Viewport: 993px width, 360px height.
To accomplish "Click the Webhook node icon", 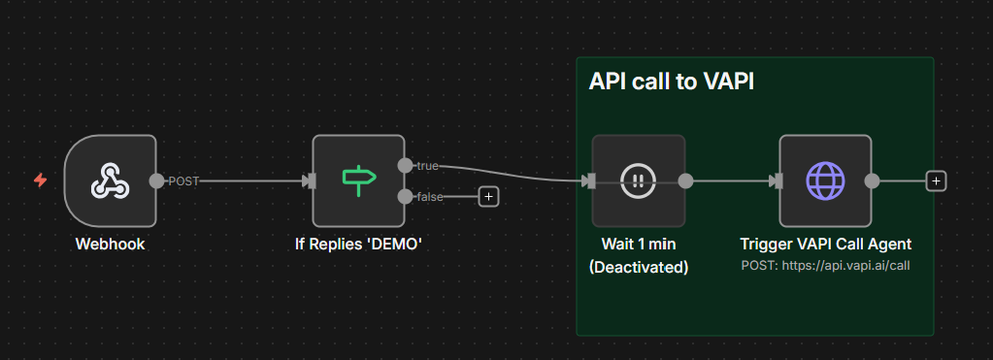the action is [111, 180].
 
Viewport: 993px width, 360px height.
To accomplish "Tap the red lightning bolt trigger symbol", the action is [40, 180].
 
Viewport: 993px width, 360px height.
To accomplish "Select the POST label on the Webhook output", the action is [183, 181].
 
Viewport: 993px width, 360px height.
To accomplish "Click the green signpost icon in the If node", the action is [359, 180].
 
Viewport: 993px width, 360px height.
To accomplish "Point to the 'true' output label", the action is [427, 166].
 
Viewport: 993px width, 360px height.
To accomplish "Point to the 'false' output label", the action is [430, 197].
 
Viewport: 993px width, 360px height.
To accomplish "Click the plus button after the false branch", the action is [488, 197].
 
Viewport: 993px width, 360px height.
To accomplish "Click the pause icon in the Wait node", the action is [639, 180].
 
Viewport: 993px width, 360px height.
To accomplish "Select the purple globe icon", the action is [825, 180].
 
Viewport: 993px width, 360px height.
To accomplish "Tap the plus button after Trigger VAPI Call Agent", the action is [936, 181].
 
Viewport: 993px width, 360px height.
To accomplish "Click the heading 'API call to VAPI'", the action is [672, 82].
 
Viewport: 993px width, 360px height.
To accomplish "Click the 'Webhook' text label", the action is [111, 244].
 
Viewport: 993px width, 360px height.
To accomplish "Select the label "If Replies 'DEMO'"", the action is [358, 244].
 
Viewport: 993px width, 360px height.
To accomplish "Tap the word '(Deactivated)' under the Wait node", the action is [639, 267].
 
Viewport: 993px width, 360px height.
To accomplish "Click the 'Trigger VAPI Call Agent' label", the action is [826, 244].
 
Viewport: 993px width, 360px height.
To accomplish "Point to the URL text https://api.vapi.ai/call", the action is [846, 266].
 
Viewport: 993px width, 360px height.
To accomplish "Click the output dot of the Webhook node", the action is [155, 180].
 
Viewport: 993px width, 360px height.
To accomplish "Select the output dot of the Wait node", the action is [685, 180].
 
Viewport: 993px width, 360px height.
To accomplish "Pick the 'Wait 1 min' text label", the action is [639, 244].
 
